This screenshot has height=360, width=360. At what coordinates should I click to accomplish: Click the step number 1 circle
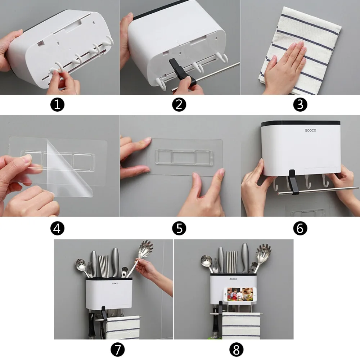point(57,105)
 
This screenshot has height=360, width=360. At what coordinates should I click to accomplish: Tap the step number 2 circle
point(179,105)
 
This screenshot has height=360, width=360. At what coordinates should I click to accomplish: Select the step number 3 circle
point(300,105)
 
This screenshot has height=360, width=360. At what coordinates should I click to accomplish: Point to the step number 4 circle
point(57,229)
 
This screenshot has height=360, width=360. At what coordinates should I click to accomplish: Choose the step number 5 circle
point(179,229)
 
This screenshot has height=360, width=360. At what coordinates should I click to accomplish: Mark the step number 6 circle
point(300,229)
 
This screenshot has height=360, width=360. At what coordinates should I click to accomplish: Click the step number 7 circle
point(118,350)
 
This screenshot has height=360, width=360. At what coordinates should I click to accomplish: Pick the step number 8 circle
point(236,350)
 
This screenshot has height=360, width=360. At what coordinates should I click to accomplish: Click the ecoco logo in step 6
point(310,130)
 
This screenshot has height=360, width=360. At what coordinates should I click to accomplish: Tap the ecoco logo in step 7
point(115,284)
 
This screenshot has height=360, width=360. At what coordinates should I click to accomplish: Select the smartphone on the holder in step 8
point(240,294)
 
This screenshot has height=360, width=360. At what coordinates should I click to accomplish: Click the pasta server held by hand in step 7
point(140,257)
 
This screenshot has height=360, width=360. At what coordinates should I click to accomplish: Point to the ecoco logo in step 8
point(233,279)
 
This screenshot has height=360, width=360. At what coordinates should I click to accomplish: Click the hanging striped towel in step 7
point(123,327)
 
